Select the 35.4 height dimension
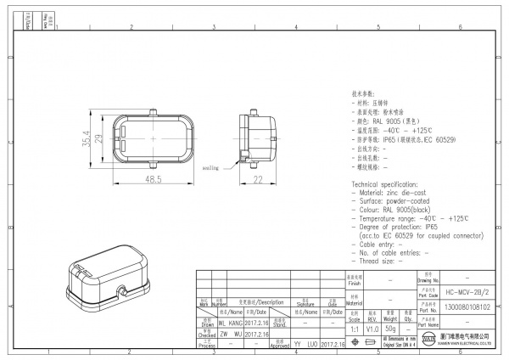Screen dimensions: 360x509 86,137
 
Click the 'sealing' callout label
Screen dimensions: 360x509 210,168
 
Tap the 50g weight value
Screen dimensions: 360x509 391,328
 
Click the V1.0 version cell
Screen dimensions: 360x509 372,328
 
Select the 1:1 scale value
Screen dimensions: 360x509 354,328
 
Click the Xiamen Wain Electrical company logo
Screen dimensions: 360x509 424,341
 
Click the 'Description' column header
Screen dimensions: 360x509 266,302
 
